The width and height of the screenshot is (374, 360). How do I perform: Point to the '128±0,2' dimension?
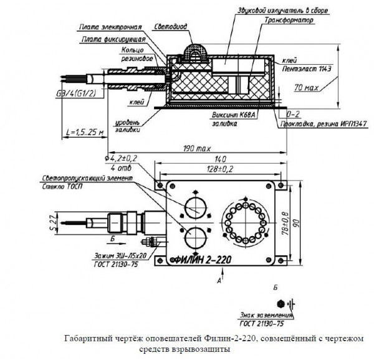[x=221, y=169]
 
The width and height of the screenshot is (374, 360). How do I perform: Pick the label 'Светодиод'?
[x=168, y=27]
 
